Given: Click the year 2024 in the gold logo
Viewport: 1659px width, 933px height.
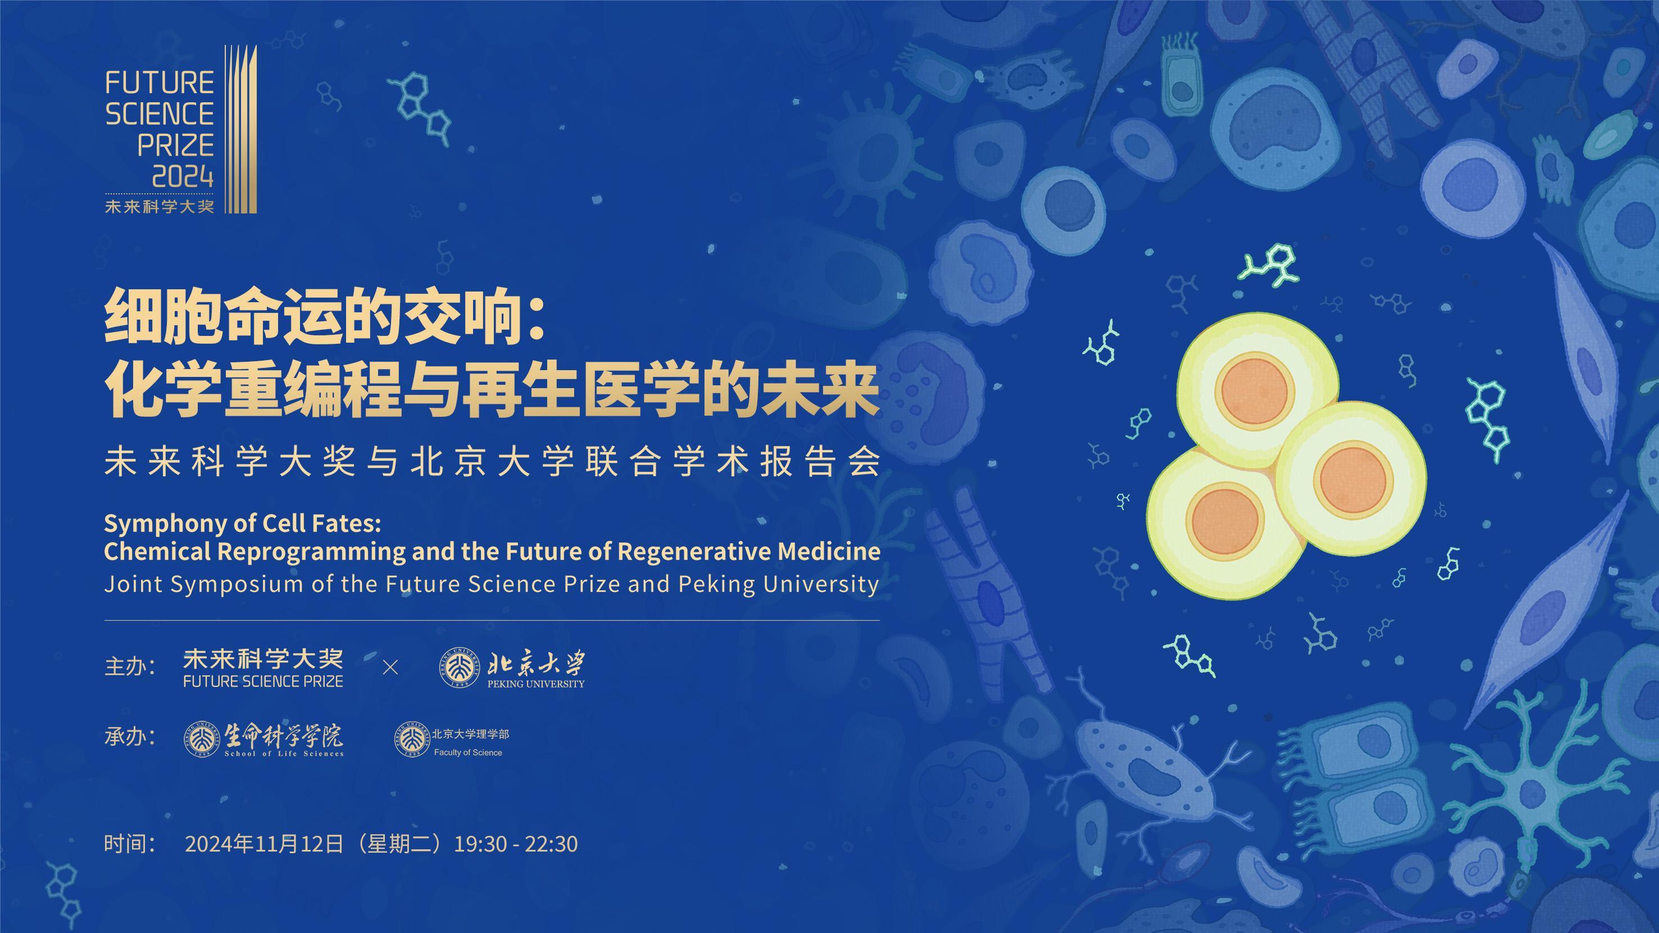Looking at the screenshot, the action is coord(182,175).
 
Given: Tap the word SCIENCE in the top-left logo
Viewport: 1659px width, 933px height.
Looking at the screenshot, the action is coord(160,114).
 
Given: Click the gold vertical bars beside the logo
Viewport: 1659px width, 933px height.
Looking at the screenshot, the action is coord(240,129).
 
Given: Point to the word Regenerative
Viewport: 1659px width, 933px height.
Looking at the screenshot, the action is coord(694,551).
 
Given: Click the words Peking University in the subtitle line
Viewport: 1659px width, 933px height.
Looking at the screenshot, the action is coord(779,584).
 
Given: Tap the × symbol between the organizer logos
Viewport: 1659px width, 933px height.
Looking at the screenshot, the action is coord(390,668).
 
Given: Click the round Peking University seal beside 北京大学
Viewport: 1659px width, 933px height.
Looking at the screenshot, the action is coord(459,668).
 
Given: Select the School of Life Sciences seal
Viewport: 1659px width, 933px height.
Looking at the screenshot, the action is coord(202,739).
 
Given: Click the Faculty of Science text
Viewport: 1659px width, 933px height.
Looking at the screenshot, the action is coord(468,752).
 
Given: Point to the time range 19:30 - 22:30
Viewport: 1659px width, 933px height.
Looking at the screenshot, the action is coord(516,844).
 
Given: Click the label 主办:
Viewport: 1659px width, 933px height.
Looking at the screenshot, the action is coord(130,666).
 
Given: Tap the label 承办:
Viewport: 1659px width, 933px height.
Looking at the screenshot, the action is coord(130,736).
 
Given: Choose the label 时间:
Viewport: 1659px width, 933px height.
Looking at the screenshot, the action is coord(130,844).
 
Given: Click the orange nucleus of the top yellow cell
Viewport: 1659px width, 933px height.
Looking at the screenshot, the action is coord(1255,391).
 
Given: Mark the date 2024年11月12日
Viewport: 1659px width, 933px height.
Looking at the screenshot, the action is coord(264,844).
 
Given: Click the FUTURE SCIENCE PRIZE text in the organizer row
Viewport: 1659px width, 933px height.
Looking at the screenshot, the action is coord(263,681).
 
